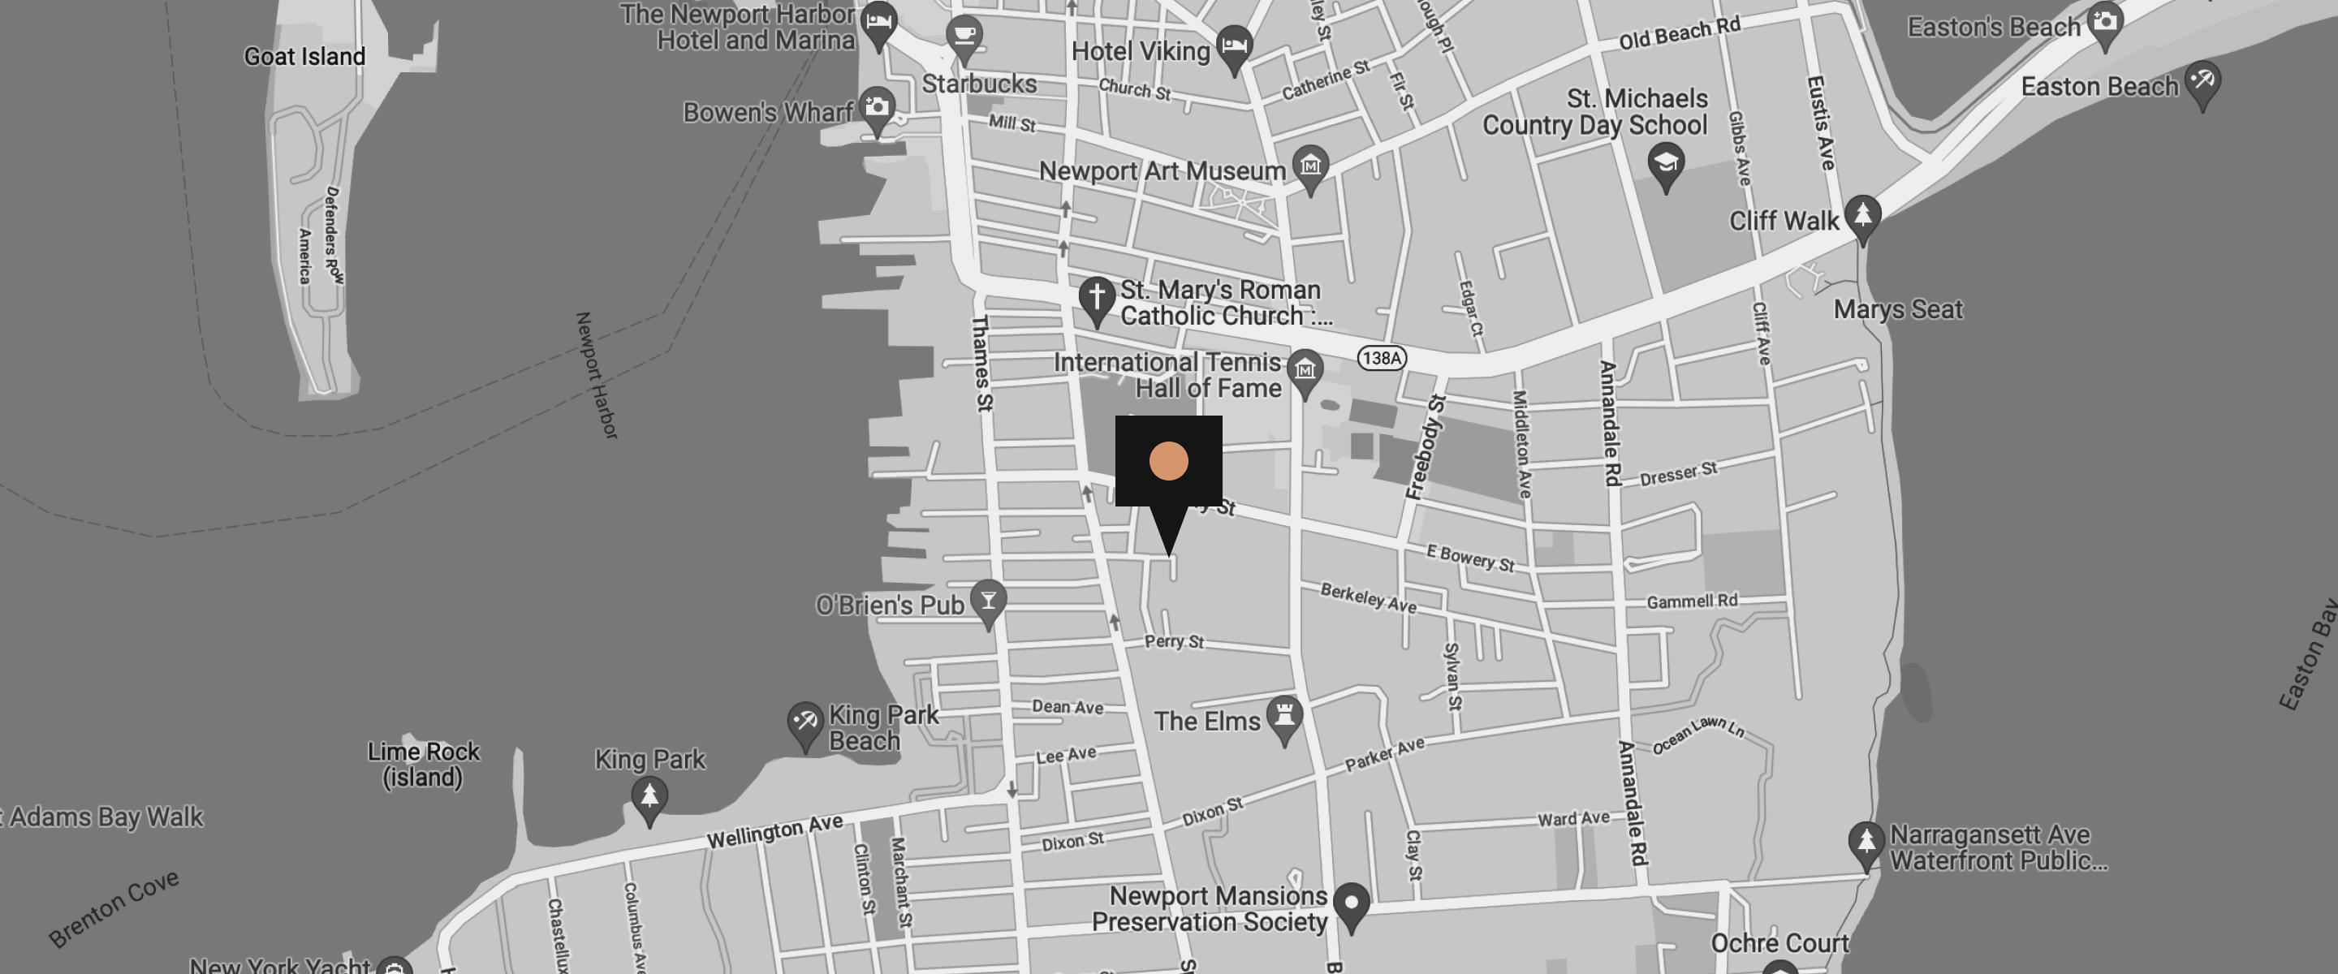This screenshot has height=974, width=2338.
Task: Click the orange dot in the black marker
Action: click(1168, 461)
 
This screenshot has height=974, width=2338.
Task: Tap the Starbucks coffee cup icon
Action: click(964, 37)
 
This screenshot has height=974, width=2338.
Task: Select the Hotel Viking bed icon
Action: click(1233, 44)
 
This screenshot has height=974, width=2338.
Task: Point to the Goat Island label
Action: click(305, 56)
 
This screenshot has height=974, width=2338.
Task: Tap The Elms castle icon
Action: click(1284, 715)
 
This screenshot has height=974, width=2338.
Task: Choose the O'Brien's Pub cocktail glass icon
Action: click(989, 600)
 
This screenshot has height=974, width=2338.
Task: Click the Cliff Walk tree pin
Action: click(1862, 215)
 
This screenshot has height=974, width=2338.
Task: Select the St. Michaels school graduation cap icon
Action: click(1666, 162)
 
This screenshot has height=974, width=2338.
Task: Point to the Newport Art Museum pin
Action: click(1310, 166)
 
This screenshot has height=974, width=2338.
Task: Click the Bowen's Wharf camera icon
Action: click(877, 107)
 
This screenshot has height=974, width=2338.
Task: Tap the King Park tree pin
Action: click(649, 797)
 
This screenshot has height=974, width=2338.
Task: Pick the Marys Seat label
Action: click(1898, 309)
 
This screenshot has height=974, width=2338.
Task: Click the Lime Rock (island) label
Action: click(423, 765)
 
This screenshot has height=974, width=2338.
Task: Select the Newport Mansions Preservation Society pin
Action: click(1352, 903)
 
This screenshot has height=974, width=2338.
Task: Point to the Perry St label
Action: click(1174, 641)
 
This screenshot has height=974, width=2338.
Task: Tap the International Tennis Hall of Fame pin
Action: click(1305, 369)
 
